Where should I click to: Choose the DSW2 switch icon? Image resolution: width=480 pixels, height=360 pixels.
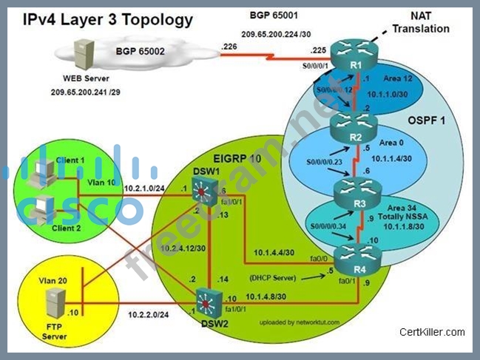click(208, 304)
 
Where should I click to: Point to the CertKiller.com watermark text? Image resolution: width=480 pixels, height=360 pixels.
click(432, 332)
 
